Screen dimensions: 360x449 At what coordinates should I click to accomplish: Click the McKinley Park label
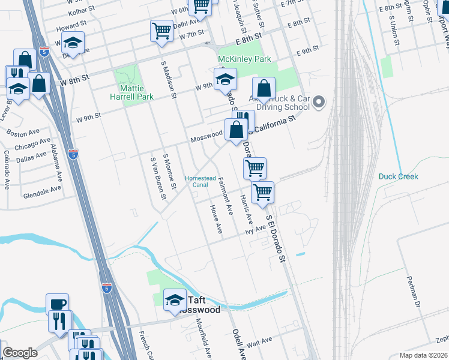point(244,59)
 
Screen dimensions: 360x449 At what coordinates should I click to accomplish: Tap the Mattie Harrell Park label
point(133,92)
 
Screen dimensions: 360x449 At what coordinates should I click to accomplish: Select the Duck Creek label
point(398,176)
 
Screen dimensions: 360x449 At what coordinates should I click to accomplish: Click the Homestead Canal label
point(200,181)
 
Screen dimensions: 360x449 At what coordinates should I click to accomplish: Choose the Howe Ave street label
point(216,219)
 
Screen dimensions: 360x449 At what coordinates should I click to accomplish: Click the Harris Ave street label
point(246,209)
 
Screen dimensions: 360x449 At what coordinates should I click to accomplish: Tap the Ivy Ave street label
point(255,229)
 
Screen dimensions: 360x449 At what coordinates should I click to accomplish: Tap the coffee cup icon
point(58,304)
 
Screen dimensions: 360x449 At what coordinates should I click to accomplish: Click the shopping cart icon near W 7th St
point(161,30)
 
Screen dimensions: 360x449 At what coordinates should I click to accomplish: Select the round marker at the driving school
point(319,103)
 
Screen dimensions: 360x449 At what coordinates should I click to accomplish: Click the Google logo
point(20,353)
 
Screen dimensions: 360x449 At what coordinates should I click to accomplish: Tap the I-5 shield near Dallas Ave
point(73,154)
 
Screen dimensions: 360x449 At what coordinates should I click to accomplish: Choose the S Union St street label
point(394,26)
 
